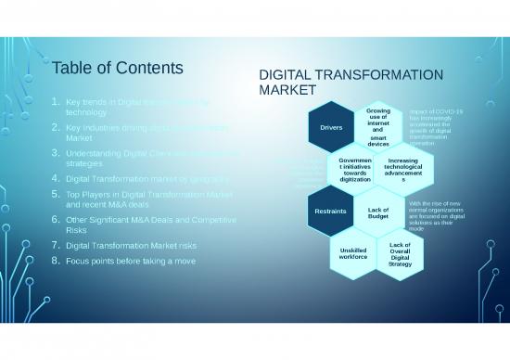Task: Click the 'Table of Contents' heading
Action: pyautogui.click(x=117, y=69)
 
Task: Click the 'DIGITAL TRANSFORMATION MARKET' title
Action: pyautogui.click(x=350, y=83)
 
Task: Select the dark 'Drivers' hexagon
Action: pyautogui.click(x=332, y=128)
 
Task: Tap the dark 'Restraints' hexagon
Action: pyautogui.click(x=332, y=211)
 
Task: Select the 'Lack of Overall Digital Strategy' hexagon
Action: pyautogui.click(x=401, y=254)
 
